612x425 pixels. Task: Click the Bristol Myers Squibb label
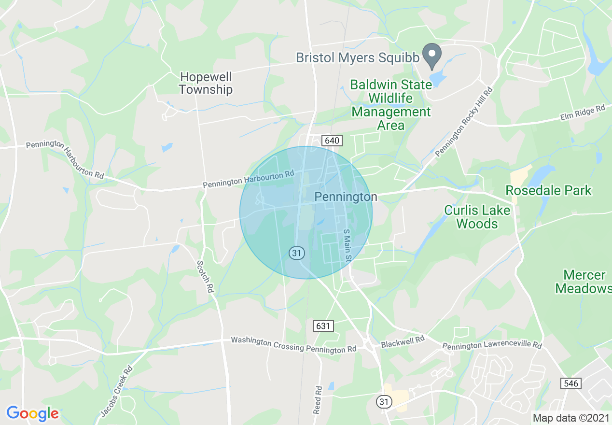click(358, 57)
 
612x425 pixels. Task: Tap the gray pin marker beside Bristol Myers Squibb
click(431, 55)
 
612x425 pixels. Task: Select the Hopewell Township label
click(206, 83)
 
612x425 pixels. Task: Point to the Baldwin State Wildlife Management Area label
click(391, 105)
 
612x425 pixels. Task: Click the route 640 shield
click(333, 141)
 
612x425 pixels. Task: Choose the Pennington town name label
click(346, 197)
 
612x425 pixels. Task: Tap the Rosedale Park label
click(548, 190)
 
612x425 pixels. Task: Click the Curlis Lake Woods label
click(477, 217)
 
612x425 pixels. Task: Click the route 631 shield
click(323, 326)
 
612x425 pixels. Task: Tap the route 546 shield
click(571, 383)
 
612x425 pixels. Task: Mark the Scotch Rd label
click(205, 277)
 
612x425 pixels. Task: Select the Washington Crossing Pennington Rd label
click(293, 344)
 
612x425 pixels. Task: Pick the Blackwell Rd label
click(403, 342)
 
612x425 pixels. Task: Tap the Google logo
click(32, 413)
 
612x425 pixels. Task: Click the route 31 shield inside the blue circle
click(297, 252)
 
